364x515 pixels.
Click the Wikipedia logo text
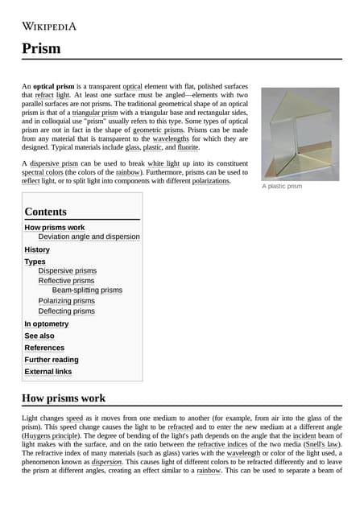click(x=49, y=26)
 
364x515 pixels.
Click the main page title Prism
click(x=41, y=48)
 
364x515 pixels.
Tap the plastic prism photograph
click(x=300, y=133)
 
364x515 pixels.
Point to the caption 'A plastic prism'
click(x=282, y=187)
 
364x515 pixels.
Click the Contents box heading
click(x=46, y=212)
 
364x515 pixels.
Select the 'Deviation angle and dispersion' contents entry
click(x=89, y=237)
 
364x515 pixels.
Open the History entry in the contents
click(x=37, y=249)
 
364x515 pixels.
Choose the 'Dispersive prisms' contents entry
click(x=68, y=270)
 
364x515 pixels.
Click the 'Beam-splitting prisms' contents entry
click(x=87, y=290)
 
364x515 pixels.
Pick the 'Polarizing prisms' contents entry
click(x=66, y=301)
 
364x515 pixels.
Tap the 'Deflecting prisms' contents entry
click(x=66, y=311)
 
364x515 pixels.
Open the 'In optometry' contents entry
click(x=47, y=323)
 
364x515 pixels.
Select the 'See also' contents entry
click(x=39, y=336)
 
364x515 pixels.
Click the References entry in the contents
click(x=44, y=348)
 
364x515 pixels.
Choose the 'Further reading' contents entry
click(x=52, y=360)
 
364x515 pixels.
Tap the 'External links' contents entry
click(x=48, y=372)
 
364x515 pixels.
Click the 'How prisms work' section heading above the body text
click(x=64, y=398)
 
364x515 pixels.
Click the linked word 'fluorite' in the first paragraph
click(x=188, y=147)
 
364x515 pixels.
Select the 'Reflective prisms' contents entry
click(x=66, y=281)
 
